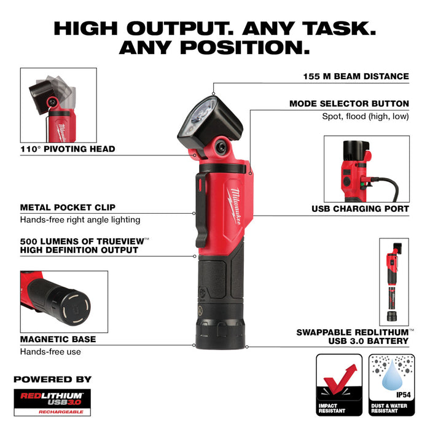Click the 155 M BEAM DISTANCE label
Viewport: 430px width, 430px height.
coord(356,77)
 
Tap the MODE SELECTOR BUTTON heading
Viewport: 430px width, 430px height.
coord(349,104)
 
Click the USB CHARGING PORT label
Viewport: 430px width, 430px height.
coord(360,209)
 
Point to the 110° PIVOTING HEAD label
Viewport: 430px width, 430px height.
coord(68,149)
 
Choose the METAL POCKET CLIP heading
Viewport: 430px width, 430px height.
coord(68,208)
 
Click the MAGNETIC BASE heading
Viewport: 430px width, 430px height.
coord(58,339)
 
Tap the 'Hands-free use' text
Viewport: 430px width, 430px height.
coord(50,352)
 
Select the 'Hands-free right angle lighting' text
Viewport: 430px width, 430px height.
coord(80,220)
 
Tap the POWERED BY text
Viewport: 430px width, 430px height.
coord(52,379)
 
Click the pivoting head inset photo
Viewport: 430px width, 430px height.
coord(58,104)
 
